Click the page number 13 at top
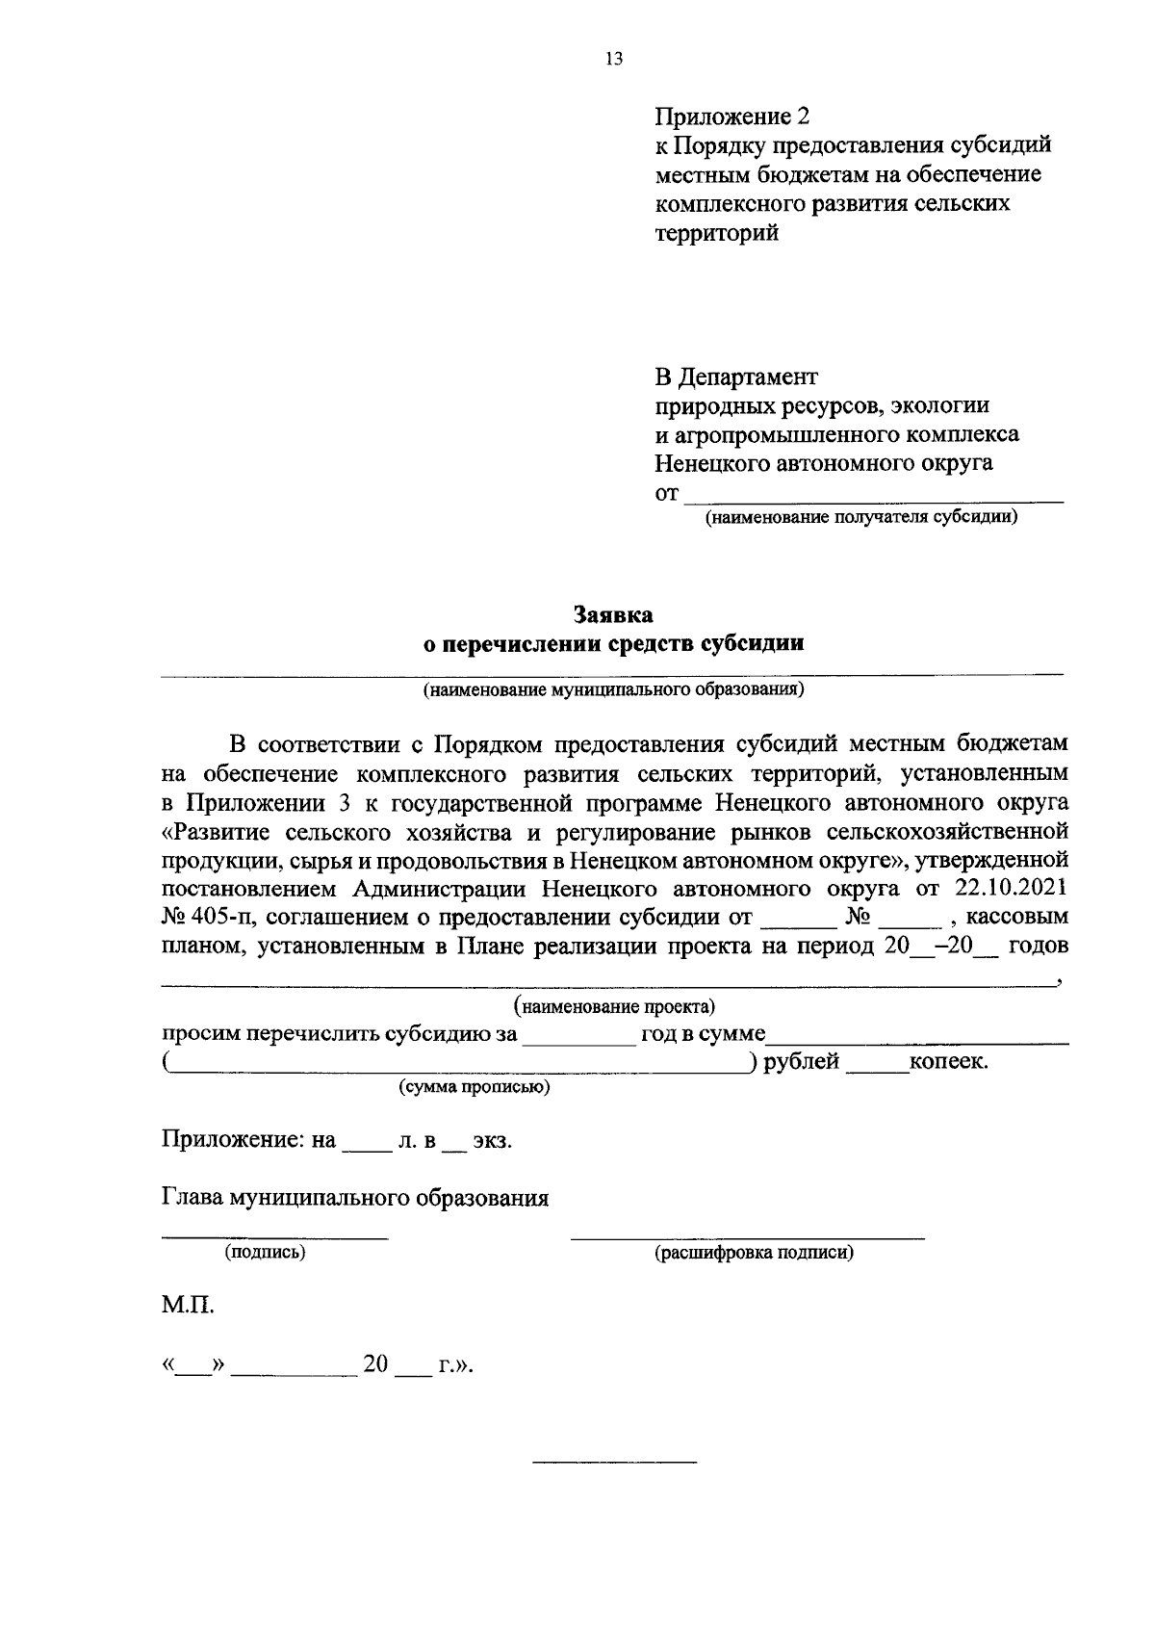(x=614, y=59)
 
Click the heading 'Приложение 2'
(x=732, y=117)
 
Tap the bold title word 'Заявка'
(x=613, y=614)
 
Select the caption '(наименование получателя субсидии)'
(x=861, y=518)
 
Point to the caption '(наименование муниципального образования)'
(x=613, y=690)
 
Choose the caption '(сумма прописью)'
(x=475, y=1088)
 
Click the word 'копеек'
(x=948, y=1062)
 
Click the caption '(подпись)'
(x=265, y=1253)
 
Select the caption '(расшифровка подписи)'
(x=754, y=1253)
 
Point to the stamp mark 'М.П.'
(x=187, y=1307)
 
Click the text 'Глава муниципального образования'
(x=354, y=1198)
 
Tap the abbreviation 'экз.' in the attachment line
(x=491, y=1142)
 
